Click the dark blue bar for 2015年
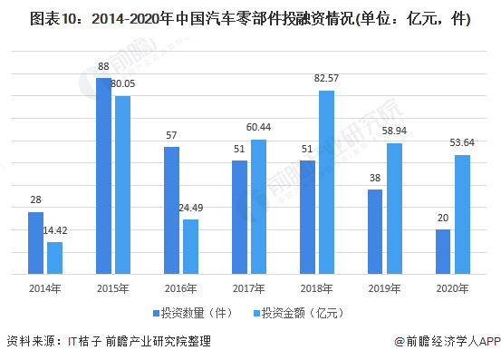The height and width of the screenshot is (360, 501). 104,175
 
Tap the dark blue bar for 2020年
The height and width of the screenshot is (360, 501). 443,251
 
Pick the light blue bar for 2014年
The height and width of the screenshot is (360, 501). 55,258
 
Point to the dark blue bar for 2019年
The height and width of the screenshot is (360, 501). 375,231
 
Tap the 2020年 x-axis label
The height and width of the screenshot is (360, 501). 452,288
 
